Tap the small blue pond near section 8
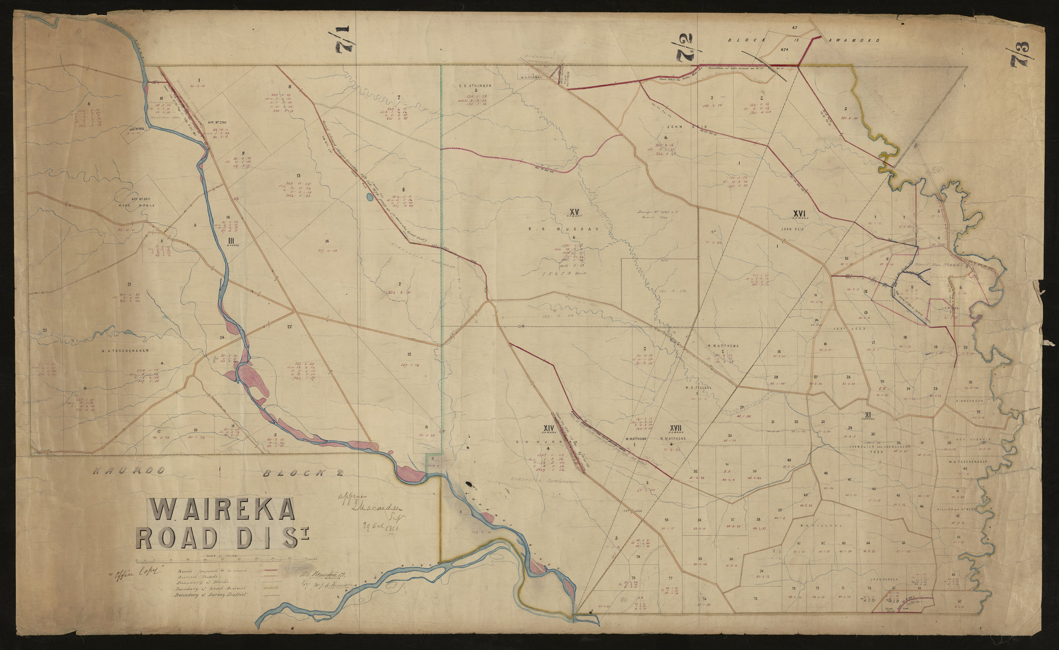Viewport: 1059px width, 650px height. click(x=369, y=197)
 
